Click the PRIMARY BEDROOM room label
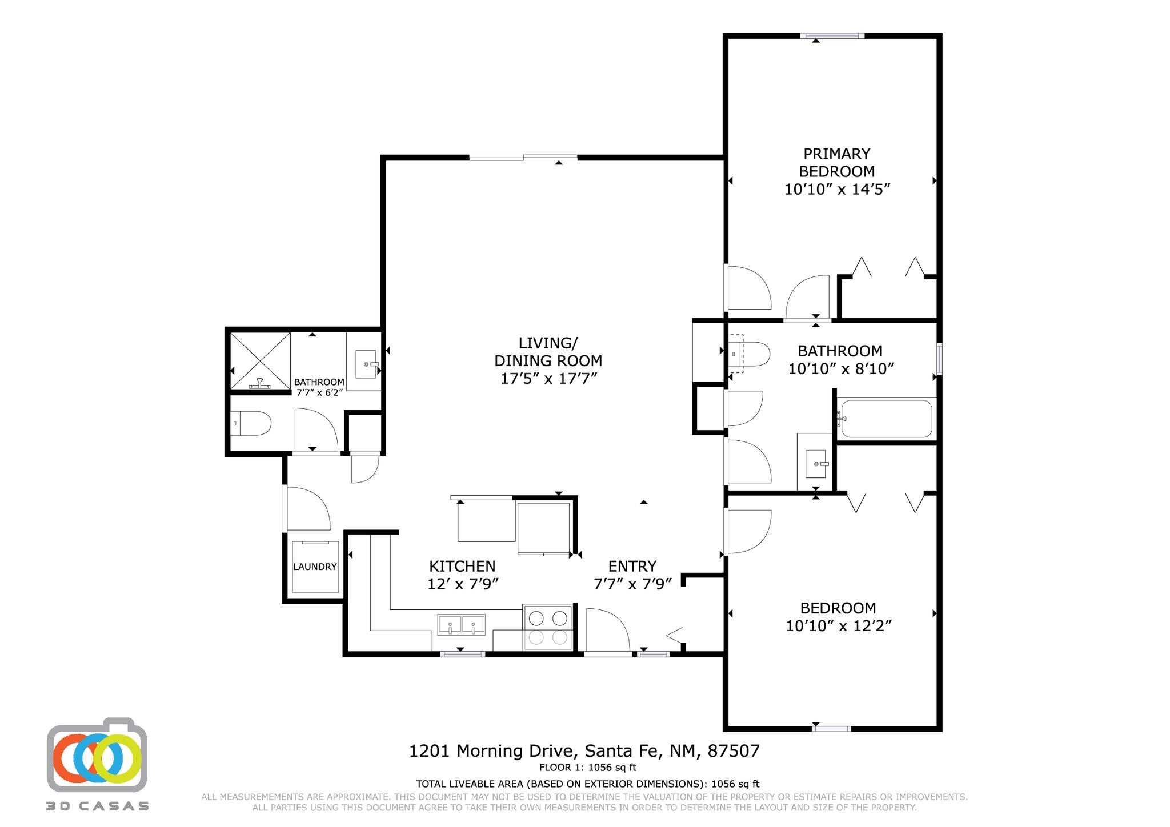click(836, 163)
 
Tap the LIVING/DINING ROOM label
click(548, 352)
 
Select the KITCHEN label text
click(462, 566)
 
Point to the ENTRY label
click(632, 566)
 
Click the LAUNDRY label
click(315, 567)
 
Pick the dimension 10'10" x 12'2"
click(839, 626)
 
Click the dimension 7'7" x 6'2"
click(319, 392)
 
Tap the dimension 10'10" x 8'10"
click(841, 369)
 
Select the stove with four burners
click(548, 627)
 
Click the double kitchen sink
click(461, 625)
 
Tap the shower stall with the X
click(260, 362)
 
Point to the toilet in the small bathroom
click(250, 423)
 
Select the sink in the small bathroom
click(366, 364)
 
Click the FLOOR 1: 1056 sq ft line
click(587, 768)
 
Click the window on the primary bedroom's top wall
click(832, 36)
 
